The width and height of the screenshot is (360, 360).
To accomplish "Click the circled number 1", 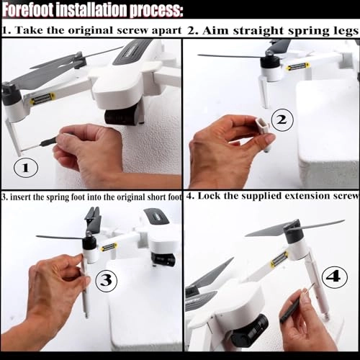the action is click(x=26, y=168).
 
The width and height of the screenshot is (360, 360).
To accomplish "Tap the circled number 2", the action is click(x=282, y=120).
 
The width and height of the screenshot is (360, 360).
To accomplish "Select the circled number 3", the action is click(x=107, y=280).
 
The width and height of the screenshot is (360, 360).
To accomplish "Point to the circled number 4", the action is click(x=335, y=276).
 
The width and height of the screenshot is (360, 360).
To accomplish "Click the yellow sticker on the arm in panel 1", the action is click(x=42, y=98).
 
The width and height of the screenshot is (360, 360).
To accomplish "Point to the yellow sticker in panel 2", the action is click(x=297, y=66).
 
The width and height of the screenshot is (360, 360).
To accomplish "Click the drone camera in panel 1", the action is click(x=124, y=117).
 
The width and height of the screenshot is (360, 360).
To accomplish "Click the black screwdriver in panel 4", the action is click(x=291, y=309).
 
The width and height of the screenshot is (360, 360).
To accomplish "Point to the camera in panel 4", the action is click(x=250, y=328).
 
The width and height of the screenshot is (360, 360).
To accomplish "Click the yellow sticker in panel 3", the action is click(x=109, y=247).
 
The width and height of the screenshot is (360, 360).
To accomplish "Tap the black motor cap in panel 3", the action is click(x=89, y=243).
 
